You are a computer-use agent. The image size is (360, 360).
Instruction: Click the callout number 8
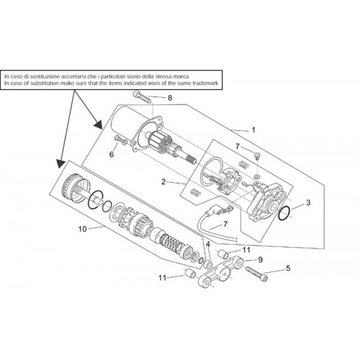(170, 98)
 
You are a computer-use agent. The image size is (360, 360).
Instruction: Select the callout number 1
(253, 130)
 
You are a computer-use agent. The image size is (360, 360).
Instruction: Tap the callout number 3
(308, 202)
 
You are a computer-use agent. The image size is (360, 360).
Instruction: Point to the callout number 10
(82, 229)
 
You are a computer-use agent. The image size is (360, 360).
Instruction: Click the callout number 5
(288, 268)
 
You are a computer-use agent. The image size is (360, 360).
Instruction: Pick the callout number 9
(260, 260)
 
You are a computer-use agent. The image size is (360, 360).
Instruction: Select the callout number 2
(163, 182)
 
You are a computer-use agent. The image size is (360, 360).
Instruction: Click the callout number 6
(112, 154)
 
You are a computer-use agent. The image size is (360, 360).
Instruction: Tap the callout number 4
(208, 244)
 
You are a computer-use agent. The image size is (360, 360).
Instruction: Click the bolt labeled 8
(141, 97)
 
